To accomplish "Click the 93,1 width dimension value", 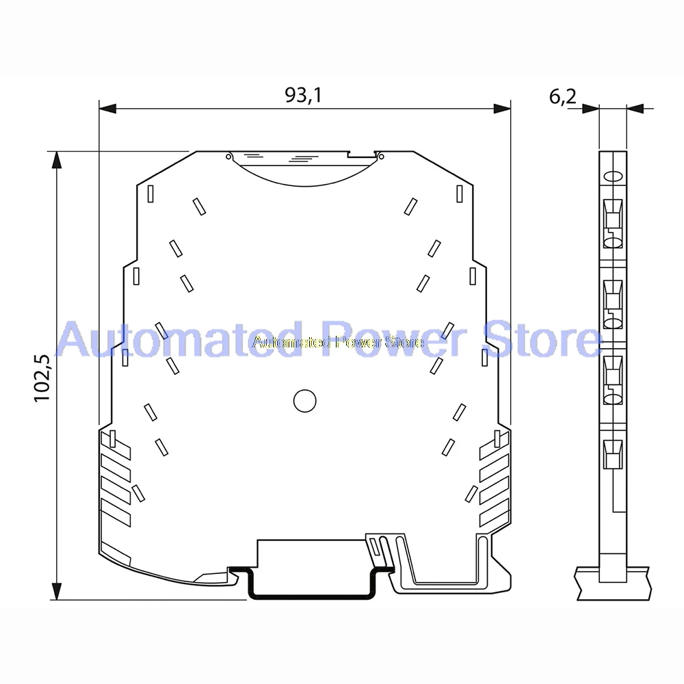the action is tap(303, 94).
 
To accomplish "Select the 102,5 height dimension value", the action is tap(43, 378).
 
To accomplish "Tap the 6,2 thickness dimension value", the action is tap(562, 97).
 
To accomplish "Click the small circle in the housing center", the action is tap(304, 401).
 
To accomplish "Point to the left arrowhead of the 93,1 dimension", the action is tap(108, 109).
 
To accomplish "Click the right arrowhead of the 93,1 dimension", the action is tap(501, 109).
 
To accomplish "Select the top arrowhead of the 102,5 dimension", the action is tap(57, 160).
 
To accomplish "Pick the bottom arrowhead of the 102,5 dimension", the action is tap(57, 591).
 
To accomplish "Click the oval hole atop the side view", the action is tap(613, 176).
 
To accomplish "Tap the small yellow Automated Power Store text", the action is tap(338, 342).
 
